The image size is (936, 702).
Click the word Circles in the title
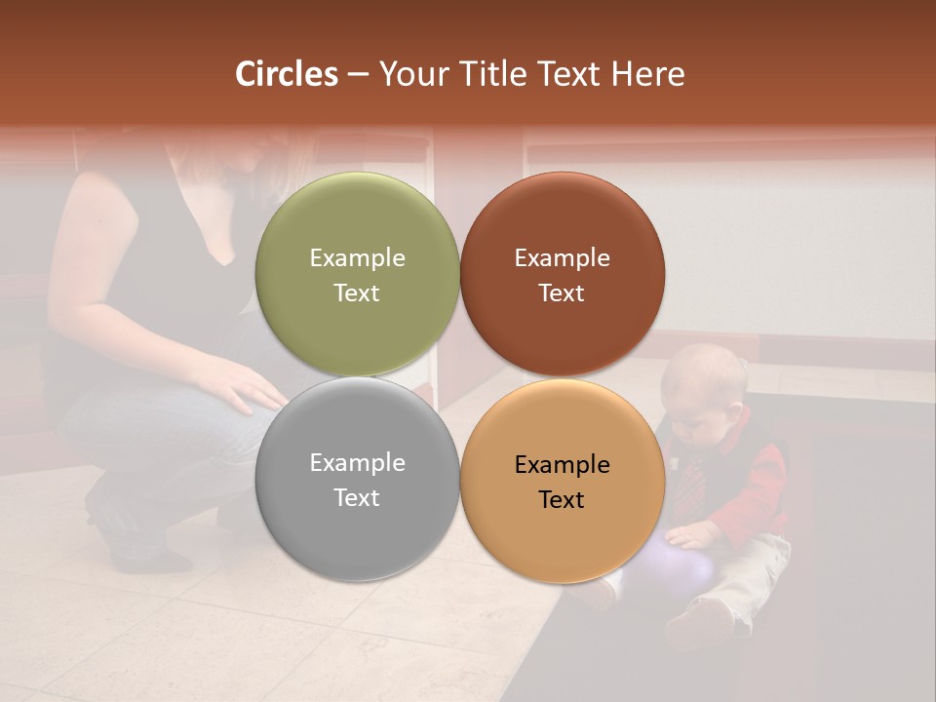coord(286,74)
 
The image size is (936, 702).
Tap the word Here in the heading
coord(648,74)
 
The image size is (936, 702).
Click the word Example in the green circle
coord(357,258)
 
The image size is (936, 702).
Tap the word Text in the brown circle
coord(562,293)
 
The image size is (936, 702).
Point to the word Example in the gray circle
coord(357,463)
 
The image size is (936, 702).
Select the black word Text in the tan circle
coord(562,500)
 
